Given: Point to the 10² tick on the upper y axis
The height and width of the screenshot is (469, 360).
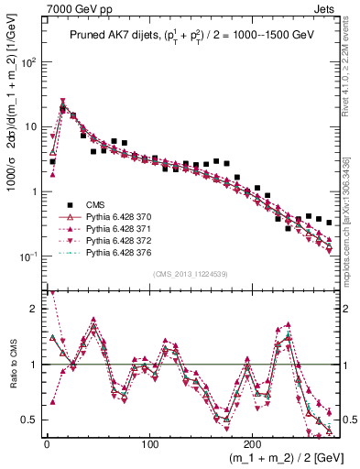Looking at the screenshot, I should (29, 63).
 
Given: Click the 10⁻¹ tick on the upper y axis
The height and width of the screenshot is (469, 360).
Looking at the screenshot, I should (28, 256).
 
